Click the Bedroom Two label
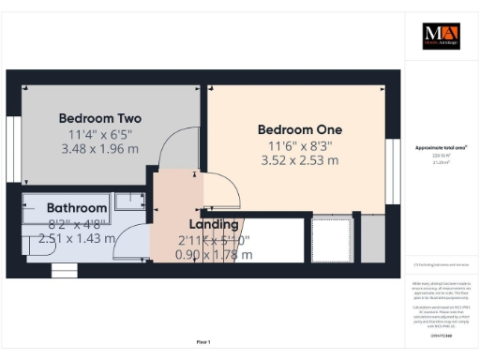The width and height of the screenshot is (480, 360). [100, 118]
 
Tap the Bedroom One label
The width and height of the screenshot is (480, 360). [300, 129]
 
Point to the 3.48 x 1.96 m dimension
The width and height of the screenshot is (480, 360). [99, 148]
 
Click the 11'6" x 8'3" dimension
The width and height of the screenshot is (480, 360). [300, 145]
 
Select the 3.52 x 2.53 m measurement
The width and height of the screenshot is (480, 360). [300, 160]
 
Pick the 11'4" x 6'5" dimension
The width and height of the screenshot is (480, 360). [99, 134]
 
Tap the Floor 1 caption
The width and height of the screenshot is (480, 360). [203, 341]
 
